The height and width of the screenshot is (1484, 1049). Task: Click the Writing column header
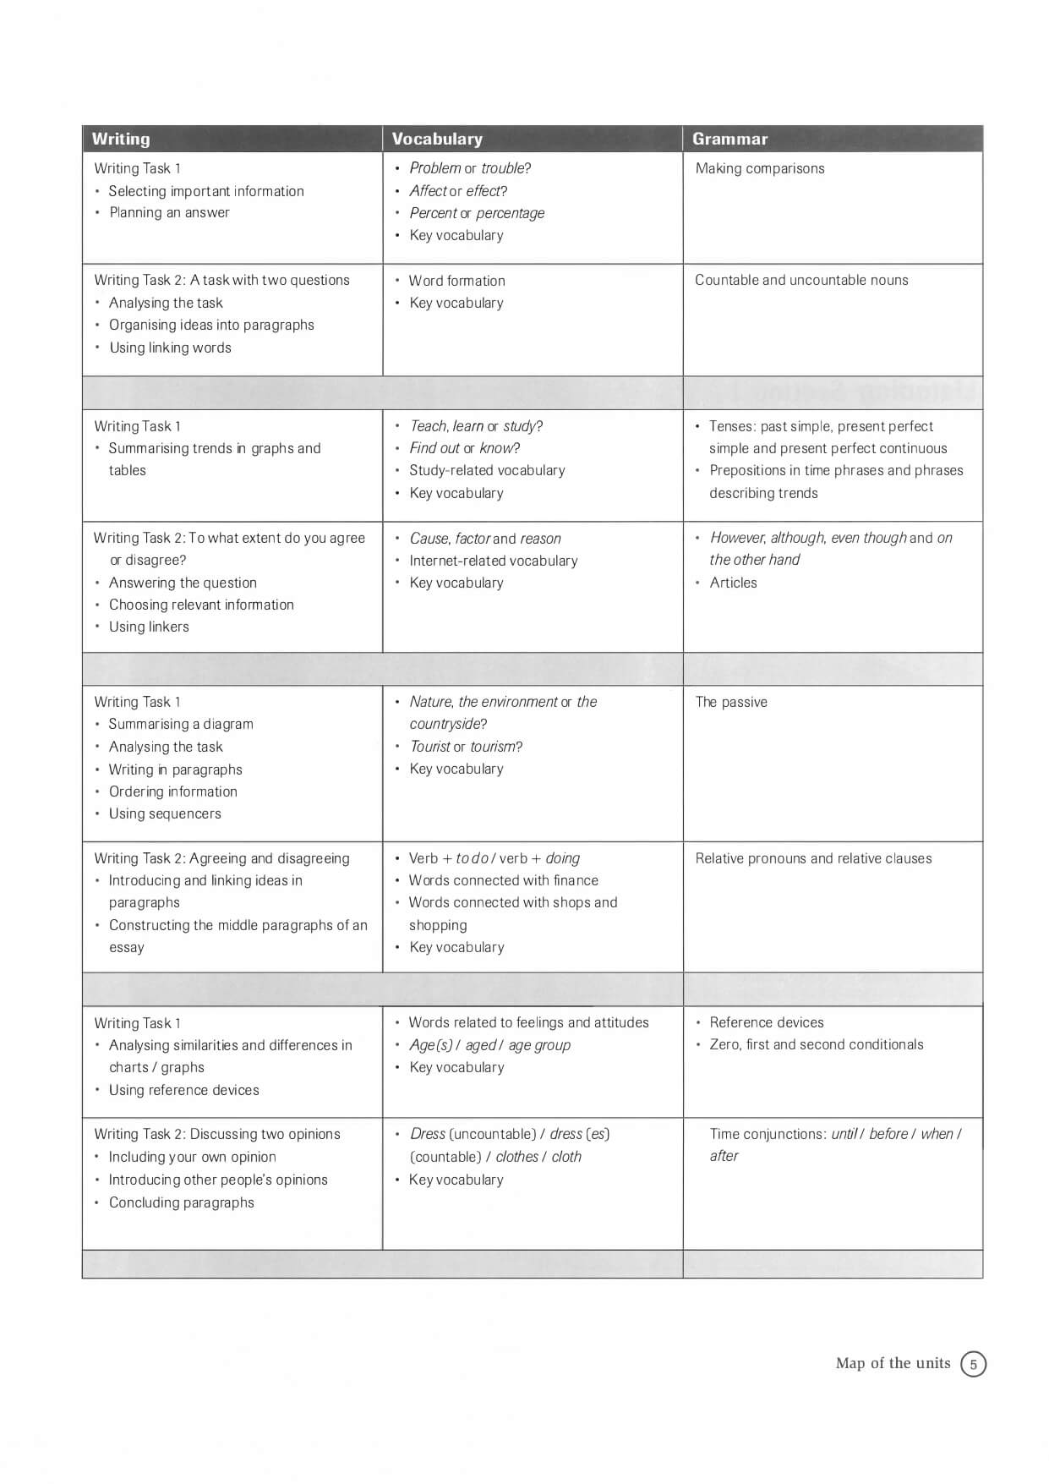[121, 139]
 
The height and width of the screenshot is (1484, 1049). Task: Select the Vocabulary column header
[437, 139]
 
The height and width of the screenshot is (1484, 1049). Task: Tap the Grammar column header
[729, 139]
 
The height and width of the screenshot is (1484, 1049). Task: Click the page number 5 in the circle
[973, 1364]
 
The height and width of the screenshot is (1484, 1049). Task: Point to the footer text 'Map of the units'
[893, 1363]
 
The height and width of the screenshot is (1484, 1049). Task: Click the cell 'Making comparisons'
[759, 168]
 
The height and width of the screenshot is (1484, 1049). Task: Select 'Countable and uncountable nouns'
[801, 280]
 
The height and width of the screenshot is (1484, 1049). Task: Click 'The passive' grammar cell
[731, 702]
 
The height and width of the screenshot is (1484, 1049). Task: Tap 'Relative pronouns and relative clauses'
[813, 858]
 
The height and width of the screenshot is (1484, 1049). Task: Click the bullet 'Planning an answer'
[169, 212]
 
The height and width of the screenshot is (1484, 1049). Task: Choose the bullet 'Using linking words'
[170, 348]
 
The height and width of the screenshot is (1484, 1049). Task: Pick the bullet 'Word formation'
[456, 281]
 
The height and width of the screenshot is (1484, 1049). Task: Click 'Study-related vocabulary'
[487, 470]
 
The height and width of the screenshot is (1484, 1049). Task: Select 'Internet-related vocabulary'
[494, 561]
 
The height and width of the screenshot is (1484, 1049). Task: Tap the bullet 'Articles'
[733, 583]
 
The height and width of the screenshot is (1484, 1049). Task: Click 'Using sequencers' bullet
[165, 813]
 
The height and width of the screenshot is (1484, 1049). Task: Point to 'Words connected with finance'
[503, 880]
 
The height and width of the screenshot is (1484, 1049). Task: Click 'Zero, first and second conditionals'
[816, 1044]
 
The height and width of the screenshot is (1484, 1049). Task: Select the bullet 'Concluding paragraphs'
[181, 1202]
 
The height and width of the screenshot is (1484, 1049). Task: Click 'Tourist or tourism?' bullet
[466, 747]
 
